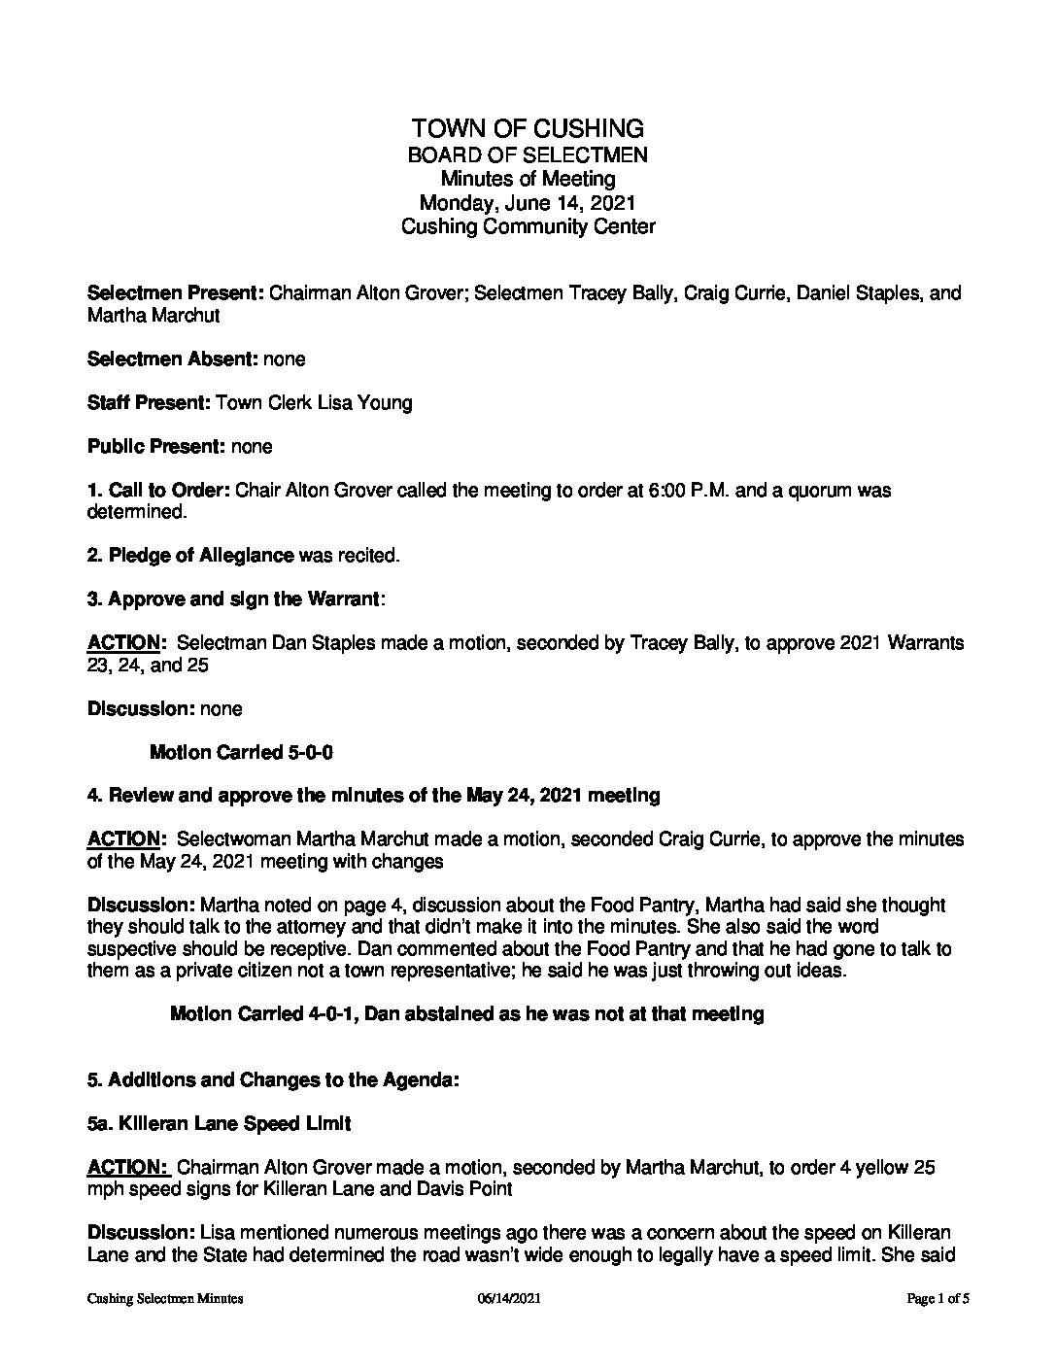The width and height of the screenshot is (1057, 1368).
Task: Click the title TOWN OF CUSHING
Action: point(528,128)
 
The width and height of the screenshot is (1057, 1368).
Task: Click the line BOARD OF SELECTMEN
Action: point(528,154)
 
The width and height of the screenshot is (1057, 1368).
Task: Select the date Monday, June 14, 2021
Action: point(528,203)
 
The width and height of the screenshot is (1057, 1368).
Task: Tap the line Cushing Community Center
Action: point(528,227)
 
